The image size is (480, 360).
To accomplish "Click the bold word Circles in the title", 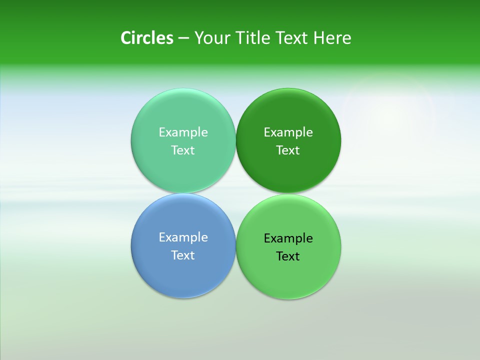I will click(x=146, y=38).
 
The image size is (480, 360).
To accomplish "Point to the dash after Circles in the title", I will click(x=183, y=38).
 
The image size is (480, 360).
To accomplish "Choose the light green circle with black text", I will click(x=288, y=275).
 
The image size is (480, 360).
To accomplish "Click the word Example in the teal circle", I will click(x=183, y=132).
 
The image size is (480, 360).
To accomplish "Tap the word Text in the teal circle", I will click(x=183, y=150).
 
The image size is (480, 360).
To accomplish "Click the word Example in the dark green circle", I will click(x=288, y=132).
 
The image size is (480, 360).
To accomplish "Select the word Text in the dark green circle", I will click(x=288, y=150).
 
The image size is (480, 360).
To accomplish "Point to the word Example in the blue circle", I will click(x=183, y=237).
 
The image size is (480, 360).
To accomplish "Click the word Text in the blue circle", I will click(x=183, y=255).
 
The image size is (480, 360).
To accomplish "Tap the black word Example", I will click(x=288, y=238).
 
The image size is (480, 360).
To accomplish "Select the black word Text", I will click(x=288, y=256).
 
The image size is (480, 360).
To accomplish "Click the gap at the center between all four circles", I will click(x=236, y=193).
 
